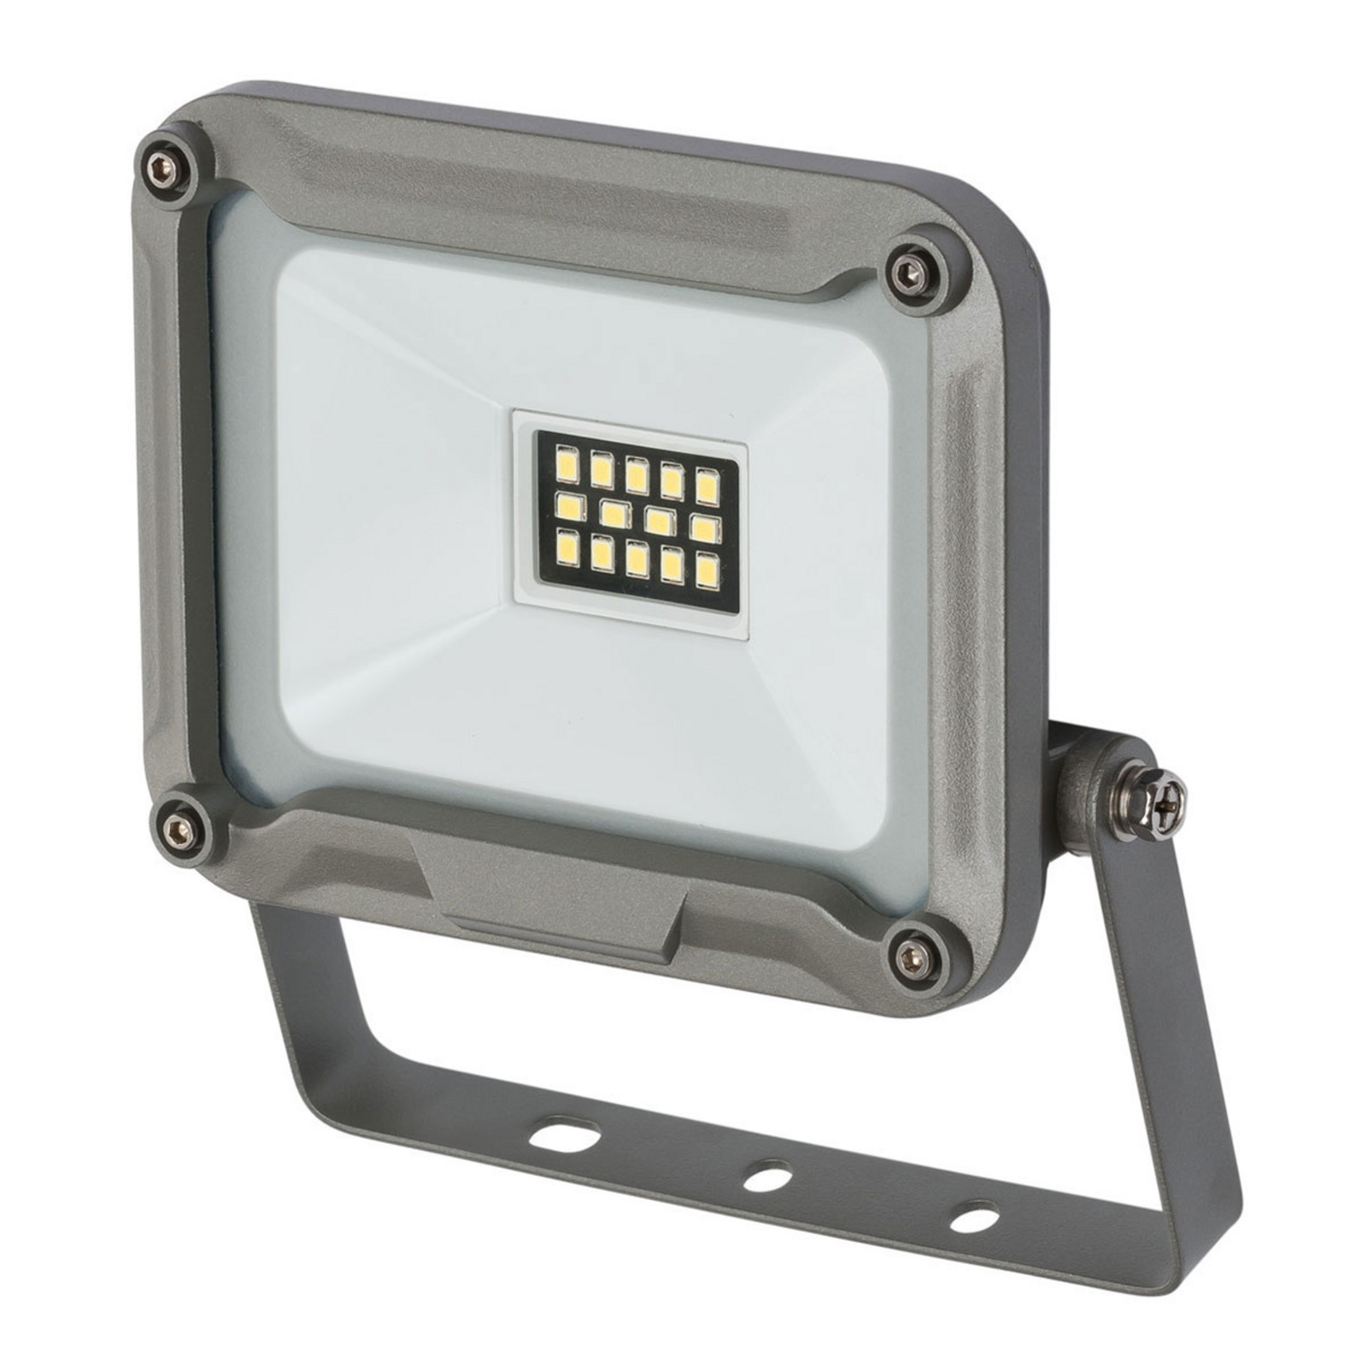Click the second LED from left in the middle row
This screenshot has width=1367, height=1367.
[x=612, y=514]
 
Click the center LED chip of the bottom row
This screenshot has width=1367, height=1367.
[x=635, y=560]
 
